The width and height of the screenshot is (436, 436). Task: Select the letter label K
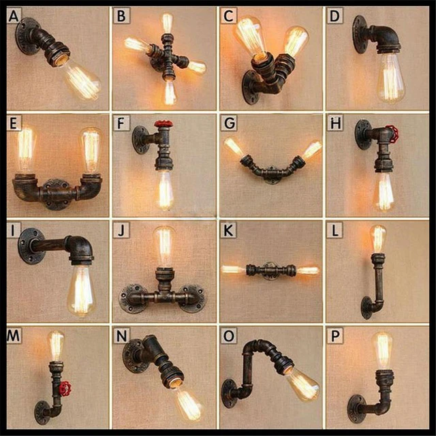[x=228, y=230]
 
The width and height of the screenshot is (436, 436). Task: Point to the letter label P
[x=335, y=337]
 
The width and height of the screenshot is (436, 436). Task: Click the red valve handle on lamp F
[x=161, y=125]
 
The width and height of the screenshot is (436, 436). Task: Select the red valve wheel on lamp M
[x=64, y=390]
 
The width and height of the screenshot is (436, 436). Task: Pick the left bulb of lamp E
[x=25, y=152]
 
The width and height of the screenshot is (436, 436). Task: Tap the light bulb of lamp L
[x=377, y=238]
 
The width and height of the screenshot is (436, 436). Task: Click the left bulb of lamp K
[x=233, y=270]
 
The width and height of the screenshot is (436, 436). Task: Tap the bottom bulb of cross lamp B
[x=169, y=92]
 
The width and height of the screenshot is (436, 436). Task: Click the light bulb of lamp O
[x=302, y=385]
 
